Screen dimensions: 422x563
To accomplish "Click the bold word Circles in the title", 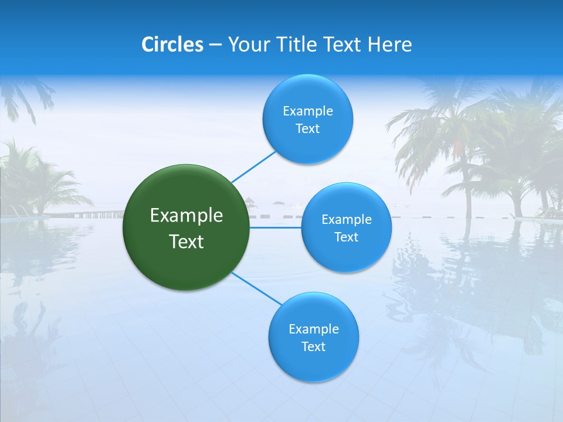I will [x=172, y=45].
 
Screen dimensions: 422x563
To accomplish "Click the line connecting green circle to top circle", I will [x=253, y=166].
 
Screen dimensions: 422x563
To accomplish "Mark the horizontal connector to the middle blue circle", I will [x=275, y=227].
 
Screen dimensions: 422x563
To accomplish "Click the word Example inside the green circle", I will [x=186, y=216].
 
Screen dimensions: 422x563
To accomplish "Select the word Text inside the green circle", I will [x=186, y=241].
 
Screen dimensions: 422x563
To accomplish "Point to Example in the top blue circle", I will [x=307, y=111].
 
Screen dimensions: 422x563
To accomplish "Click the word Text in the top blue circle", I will [x=307, y=129].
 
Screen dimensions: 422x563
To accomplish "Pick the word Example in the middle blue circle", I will [x=346, y=220].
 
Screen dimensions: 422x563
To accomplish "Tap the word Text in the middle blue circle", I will [x=346, y=237].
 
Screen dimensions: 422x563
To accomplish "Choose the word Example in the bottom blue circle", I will [x=313, y=329].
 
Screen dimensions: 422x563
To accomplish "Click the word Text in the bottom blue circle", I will [x=313, y=347].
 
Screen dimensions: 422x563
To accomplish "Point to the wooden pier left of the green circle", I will [x=94, y=214].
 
